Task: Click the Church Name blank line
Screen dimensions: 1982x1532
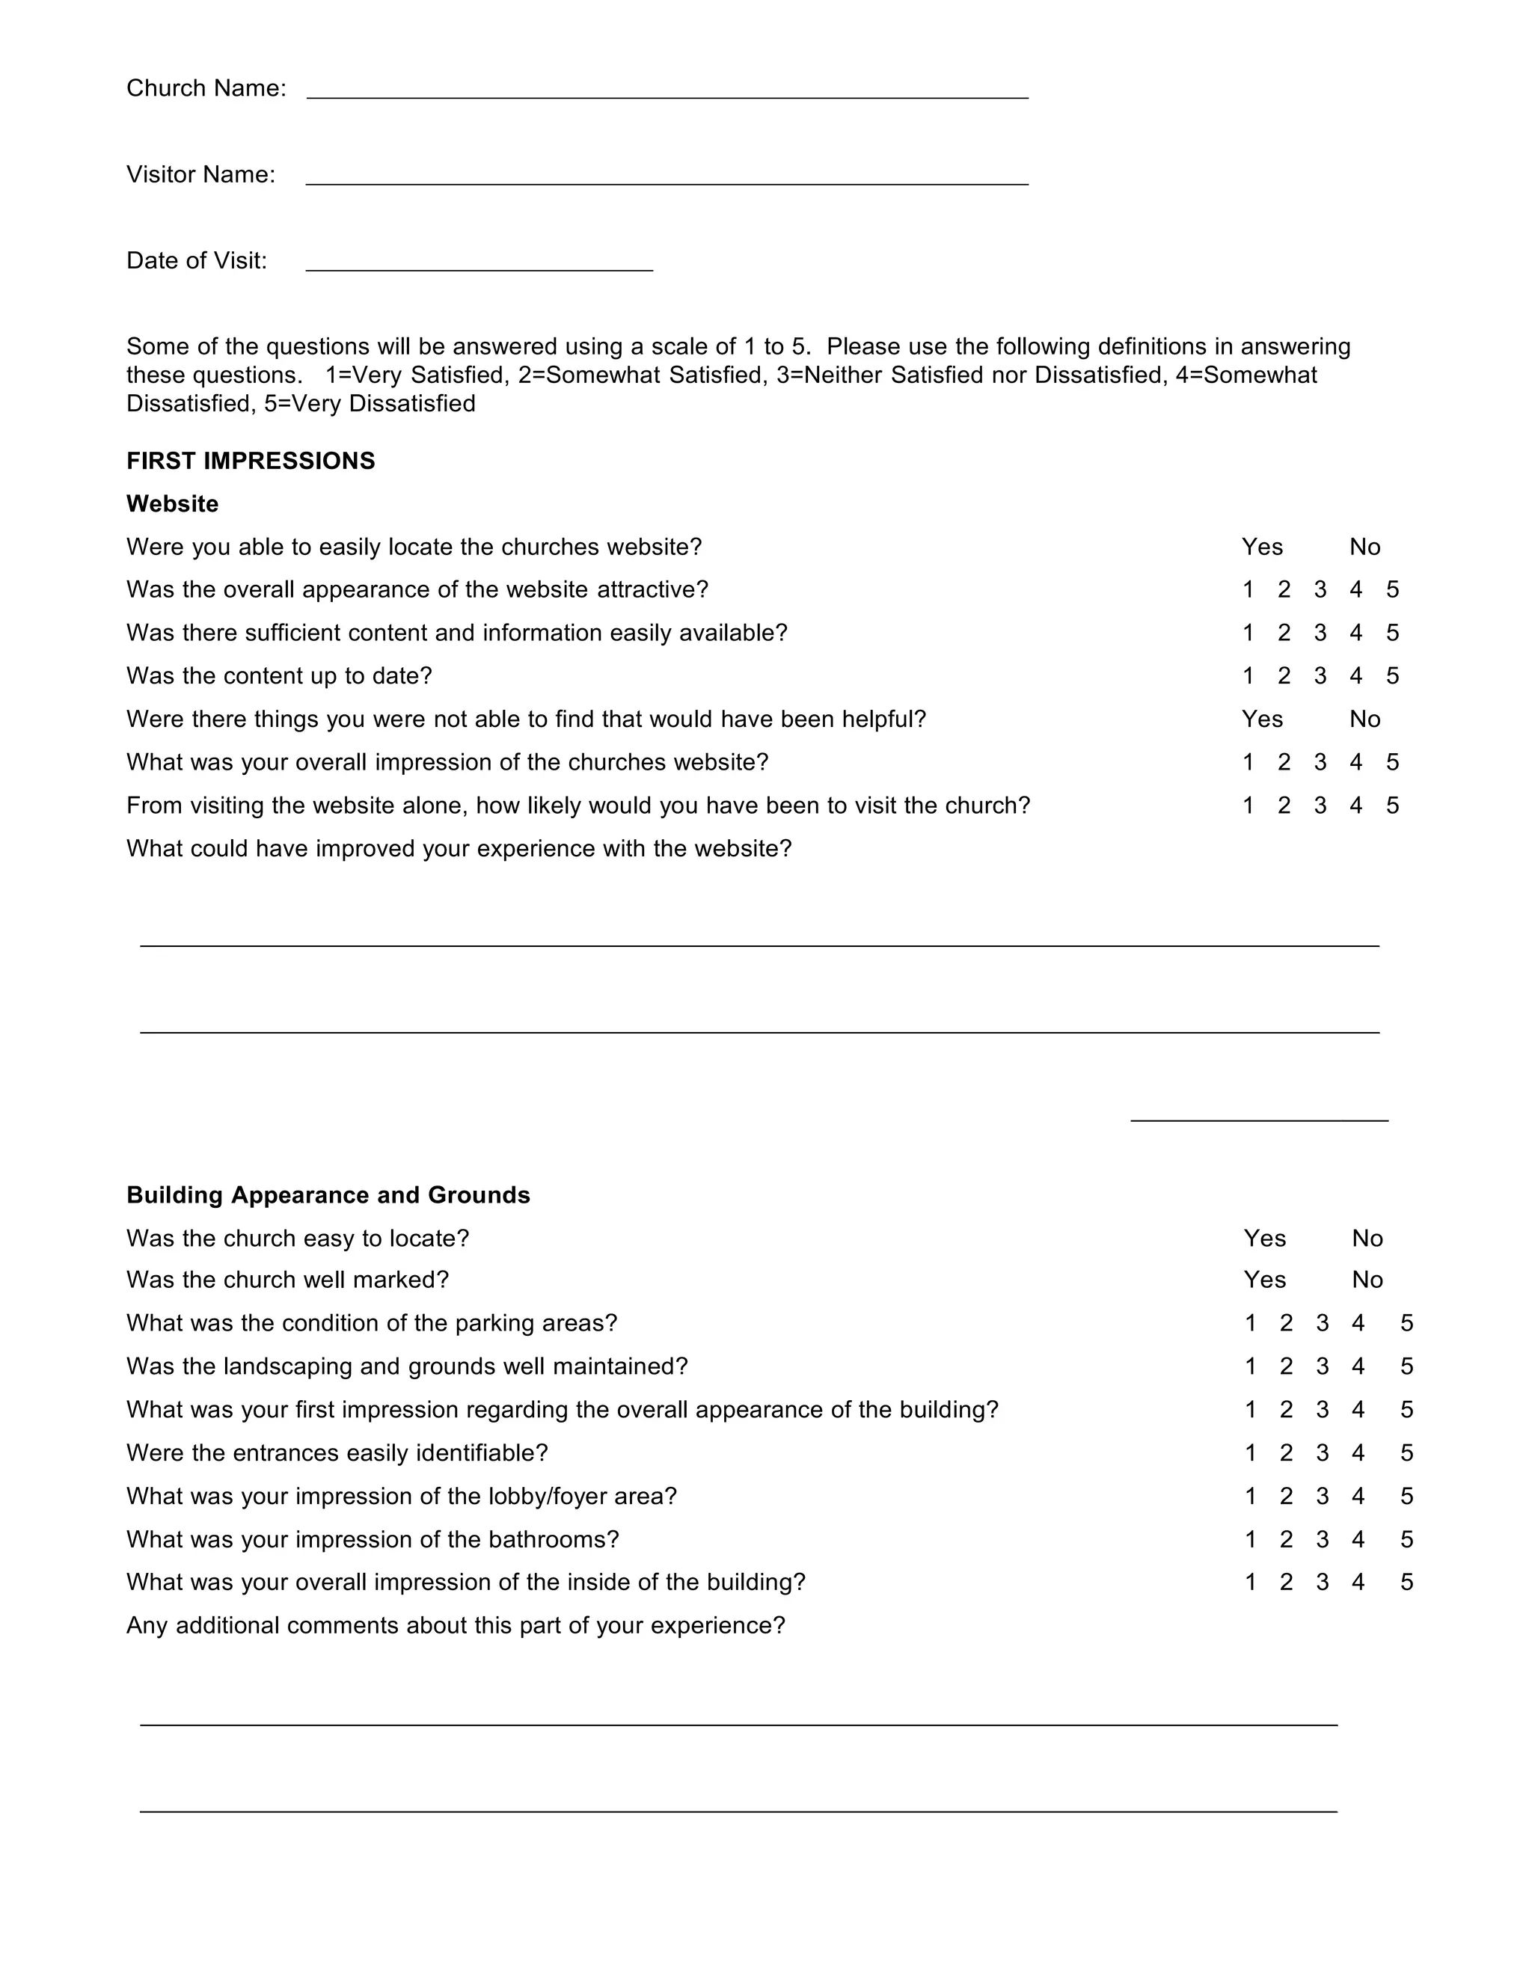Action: (x=667, y=93)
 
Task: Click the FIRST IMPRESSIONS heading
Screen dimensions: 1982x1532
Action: (x=251, y=461)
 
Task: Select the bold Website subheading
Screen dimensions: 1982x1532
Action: (x=173, y=503)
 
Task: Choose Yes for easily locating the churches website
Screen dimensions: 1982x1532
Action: (x=1261, y=547)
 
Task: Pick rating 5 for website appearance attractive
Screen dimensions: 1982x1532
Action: (x=1392, y=590)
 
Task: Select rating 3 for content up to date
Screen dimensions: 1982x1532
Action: (x=1320, y=676)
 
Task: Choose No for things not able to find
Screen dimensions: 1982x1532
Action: (x=1364, y=720)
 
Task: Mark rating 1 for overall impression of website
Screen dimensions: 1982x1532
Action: (x=1248, y=762)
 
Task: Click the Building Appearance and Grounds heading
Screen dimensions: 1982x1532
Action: (x=328, y=1195)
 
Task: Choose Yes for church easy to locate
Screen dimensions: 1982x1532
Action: (x=1264, y=1239)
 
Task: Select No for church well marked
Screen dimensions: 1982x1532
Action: (x=1367, y=1280)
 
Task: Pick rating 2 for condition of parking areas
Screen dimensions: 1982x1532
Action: (x=1286, y=1323)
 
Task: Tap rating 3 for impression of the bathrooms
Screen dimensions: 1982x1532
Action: (x=1323, y=1539)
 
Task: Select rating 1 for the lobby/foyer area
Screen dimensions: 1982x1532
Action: (x=1251, y=1496)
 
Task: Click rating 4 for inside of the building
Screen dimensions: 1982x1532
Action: (x=1358, y=1582)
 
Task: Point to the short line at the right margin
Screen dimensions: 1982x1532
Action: (x=1259, y=1119)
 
